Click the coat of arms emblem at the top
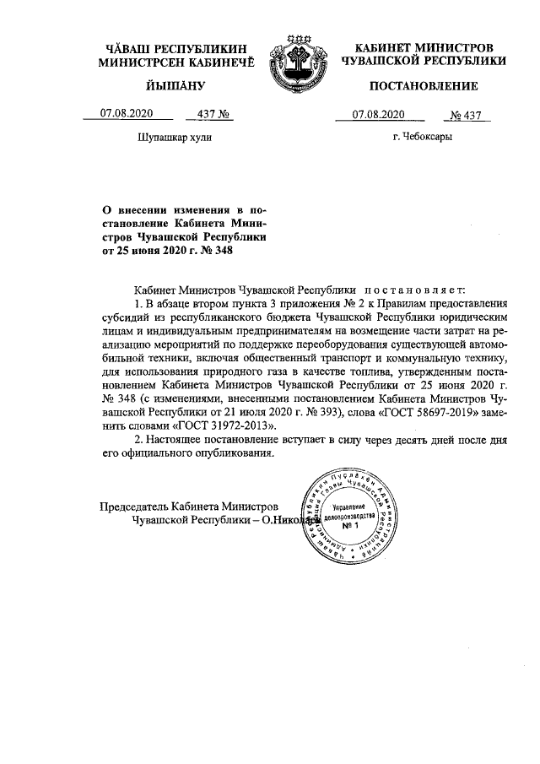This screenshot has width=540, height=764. click(x=294, y=64)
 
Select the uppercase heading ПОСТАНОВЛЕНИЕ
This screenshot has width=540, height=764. click(x=424, y=86)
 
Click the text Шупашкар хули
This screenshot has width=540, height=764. click(x=175, y=137)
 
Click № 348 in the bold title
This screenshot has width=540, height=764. click(x=216, y=250)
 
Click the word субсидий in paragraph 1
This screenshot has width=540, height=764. click(x=126, y=319)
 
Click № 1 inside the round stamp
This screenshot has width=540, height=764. click(x=350, y=525)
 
